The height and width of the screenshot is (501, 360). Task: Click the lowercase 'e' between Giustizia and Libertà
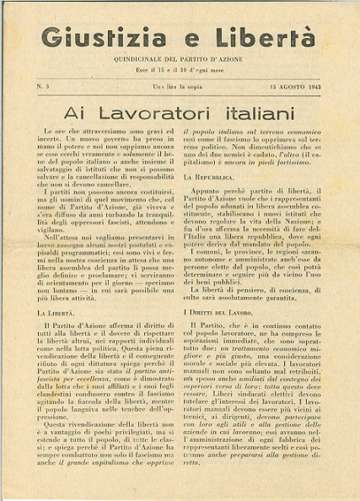tap(180, 40)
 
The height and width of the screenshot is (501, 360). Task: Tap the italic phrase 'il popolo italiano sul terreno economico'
tap(250, 133)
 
